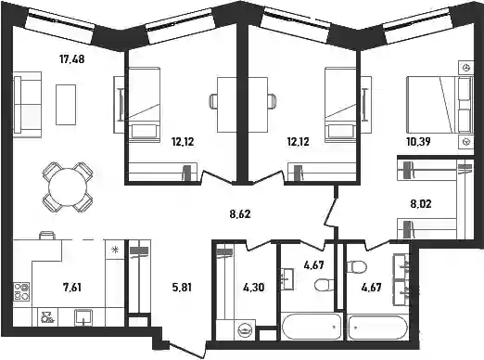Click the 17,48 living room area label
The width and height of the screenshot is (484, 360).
click(x=71, y=58)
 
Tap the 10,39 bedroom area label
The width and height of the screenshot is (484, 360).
click(x=419, y=142)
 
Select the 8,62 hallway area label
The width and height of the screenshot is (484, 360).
click(x=240, y=213)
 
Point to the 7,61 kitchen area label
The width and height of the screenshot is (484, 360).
click(x=72, y=288)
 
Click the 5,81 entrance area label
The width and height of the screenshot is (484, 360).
click(x=182, y=288)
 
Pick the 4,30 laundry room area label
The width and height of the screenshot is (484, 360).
click(x=253, y=288)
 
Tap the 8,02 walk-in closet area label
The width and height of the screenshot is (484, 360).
click(x=421, y=204)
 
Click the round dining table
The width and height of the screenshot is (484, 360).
click(x=68, y=186)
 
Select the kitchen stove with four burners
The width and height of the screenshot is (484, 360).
click(x=21, y=291)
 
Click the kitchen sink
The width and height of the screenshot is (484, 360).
click(x=83, y=318)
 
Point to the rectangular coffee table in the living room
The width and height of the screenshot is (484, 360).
click(x=66, y=105)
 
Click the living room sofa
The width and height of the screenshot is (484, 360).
click(x=28, y=104)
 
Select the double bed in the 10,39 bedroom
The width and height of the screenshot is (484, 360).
click(x=439, y=105)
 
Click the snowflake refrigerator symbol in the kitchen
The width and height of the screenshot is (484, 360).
click(x=115, y=250)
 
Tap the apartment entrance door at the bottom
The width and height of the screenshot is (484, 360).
click(x=186, y=347)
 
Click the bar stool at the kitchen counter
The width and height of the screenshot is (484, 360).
click(x=47, y=235)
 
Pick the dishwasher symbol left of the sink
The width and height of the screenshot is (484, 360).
click(x=47, y=318)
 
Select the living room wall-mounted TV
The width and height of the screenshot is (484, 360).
click(x=121, y=104)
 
